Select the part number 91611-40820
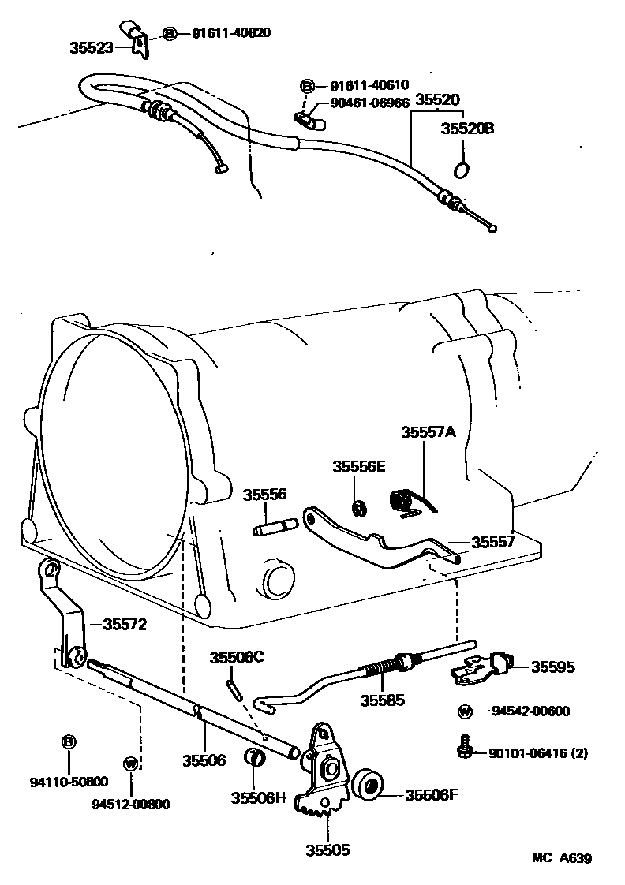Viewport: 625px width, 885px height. point(231,33)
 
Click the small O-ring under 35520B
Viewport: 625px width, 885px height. point(463,169)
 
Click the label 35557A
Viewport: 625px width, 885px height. point(429,432)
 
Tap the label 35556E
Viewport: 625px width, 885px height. point(358,467)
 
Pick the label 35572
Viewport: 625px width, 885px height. point(124,624)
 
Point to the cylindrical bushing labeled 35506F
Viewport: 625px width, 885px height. point(366,785)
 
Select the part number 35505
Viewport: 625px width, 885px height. point(327,850)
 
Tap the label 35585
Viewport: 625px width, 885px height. point(383,699)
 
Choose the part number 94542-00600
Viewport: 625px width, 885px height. point(530,711)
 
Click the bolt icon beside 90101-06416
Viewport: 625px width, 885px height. point(465,746)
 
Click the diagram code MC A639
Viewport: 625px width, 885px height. point(561,858)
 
